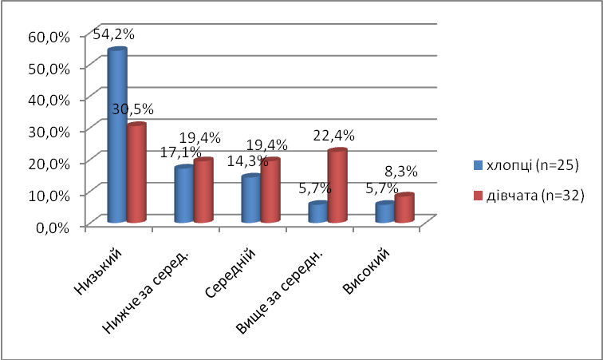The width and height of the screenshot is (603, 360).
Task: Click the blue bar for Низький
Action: point(117,136)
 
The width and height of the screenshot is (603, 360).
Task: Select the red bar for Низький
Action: point(136,173)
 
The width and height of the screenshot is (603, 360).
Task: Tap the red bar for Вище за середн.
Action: point(337,186)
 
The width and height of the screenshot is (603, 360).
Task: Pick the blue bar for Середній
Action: point(250,199)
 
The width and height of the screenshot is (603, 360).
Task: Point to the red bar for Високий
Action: point(404,208)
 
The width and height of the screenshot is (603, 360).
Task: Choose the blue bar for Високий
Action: point(384,212)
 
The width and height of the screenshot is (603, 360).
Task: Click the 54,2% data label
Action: point(113,34)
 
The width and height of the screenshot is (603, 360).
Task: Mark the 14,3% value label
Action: point(248,161)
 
